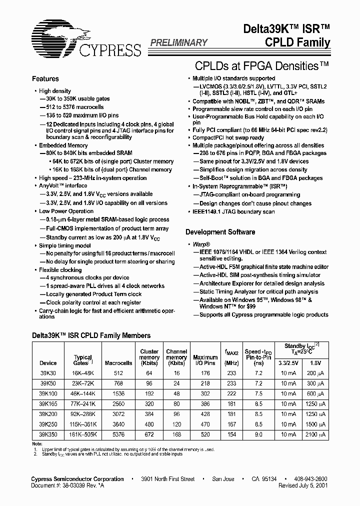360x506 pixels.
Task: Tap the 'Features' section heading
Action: point(45,79)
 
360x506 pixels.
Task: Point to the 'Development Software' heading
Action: point(220,232)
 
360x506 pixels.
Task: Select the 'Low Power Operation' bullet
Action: point(66,211)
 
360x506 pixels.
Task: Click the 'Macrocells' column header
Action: point(118,363)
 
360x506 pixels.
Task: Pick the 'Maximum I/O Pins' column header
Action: point(205,360)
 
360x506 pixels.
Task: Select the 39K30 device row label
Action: point(48,372)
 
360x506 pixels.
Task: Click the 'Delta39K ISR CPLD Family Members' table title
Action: point(91,336)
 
